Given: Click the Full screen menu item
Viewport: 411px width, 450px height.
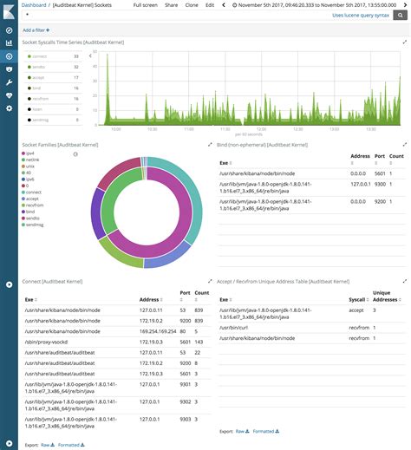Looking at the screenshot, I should coord(146,5).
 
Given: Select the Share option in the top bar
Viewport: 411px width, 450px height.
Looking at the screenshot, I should coord(172,5).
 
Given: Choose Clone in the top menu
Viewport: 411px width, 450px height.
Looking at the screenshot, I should coord(191,5).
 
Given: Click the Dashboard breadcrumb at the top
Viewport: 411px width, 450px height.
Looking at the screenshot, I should coord(34,5).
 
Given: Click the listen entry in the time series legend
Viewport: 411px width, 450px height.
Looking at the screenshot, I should coord(39,109).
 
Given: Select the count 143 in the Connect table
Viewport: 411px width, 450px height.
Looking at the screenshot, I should coord(199,342).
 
